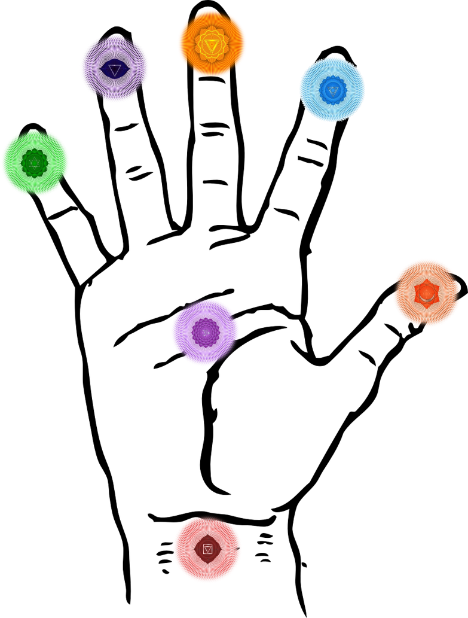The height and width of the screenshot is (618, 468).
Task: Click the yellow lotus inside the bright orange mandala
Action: click(x=212, y=44)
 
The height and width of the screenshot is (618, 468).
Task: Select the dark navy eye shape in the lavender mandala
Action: click(x=114, y=69)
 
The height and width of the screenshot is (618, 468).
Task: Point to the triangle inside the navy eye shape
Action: click(x=114, y=71)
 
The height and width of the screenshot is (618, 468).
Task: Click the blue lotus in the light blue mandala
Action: click(x=332, y=90)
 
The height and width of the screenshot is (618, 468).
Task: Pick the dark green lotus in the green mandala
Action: click(x=35, y=163)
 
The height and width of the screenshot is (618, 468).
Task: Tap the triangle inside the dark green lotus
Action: click(x=35, y=163)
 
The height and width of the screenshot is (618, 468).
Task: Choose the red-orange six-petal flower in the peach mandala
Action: click(x=426, y=293)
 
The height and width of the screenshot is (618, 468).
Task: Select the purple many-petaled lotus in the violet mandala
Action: click(x=205, y=332)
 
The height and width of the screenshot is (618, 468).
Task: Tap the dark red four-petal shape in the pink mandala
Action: click(x=207, y=549)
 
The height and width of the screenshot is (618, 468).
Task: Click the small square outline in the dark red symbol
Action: click(x=207, y=549)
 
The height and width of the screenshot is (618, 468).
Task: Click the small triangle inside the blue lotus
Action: click(x=333, y=90)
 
